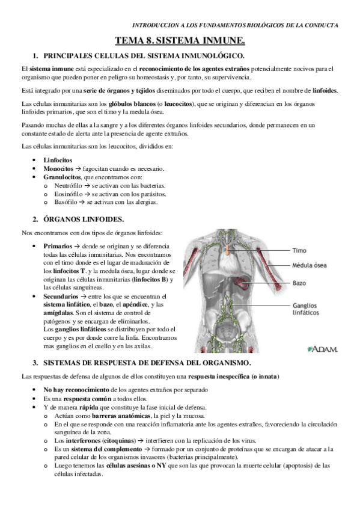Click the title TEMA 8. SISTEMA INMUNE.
180,41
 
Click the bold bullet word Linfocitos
58,161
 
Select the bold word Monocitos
58,169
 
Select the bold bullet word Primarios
58,247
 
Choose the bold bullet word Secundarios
61,296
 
